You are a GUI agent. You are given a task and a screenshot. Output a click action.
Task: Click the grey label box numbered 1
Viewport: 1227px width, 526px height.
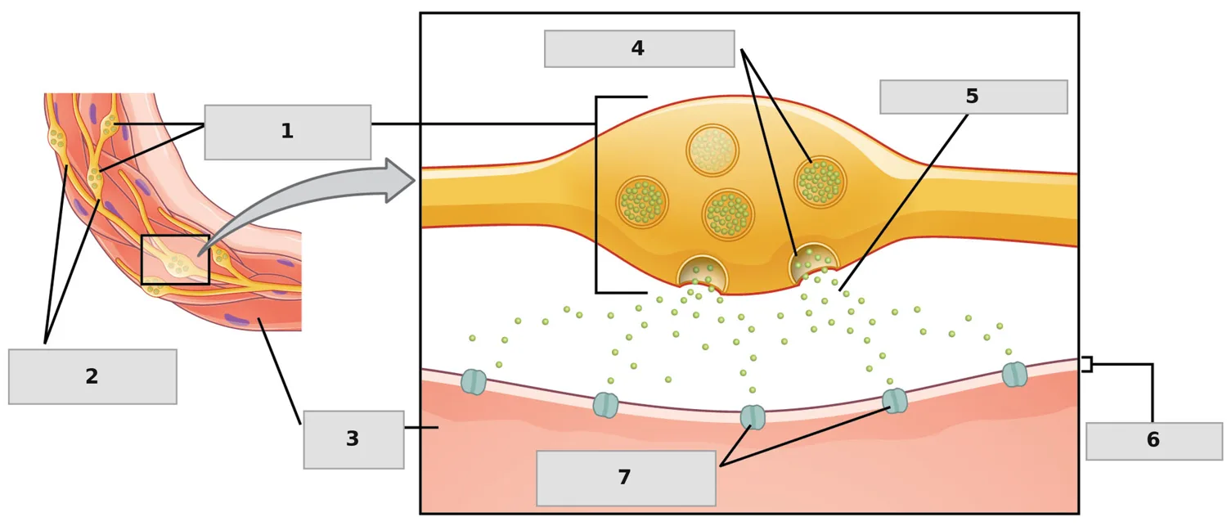click(x=288, y=132)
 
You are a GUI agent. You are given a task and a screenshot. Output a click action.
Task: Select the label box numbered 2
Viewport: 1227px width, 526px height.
click(x=92, y=377)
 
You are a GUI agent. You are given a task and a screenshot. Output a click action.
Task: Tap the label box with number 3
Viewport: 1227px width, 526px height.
click(x=354, y=439)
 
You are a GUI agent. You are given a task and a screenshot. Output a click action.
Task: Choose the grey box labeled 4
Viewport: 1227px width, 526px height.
click(x=639, y=49)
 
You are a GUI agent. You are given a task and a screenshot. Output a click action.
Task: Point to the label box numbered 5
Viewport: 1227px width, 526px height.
click(x=973, y=97)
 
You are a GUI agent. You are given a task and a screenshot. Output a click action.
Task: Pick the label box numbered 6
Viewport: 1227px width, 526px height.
click(x=1154, y=441)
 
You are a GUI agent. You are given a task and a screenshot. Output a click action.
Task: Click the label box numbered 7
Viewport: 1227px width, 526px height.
click(x=626, y=479)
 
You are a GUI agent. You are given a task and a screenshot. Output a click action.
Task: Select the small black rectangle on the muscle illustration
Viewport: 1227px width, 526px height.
click(x=175, y=259)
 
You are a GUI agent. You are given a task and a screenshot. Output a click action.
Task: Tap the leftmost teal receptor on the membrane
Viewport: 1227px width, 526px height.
click(x=474, y=382)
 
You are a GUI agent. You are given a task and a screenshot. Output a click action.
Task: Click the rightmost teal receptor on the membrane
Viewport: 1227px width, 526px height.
click(x=1014, y=375)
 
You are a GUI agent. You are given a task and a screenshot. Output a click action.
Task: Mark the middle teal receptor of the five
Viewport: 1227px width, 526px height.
click(x=753, y=417)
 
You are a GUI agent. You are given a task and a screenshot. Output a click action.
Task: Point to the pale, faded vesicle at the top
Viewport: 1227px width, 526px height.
click(x=712, y=151)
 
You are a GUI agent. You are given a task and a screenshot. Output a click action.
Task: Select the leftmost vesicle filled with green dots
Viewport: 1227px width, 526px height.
click(x=642, y=202)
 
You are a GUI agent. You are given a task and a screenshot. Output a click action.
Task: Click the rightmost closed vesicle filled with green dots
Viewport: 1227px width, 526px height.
click(x=820, y=182)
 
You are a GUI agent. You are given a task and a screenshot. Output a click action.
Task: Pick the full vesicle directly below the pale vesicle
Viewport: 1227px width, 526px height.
click(x=728, y=214)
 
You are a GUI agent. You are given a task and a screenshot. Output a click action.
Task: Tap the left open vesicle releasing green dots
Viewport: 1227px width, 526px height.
click(x=703, y=273)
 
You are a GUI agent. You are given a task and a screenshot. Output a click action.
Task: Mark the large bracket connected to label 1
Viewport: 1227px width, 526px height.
click(x=596, y=195)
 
